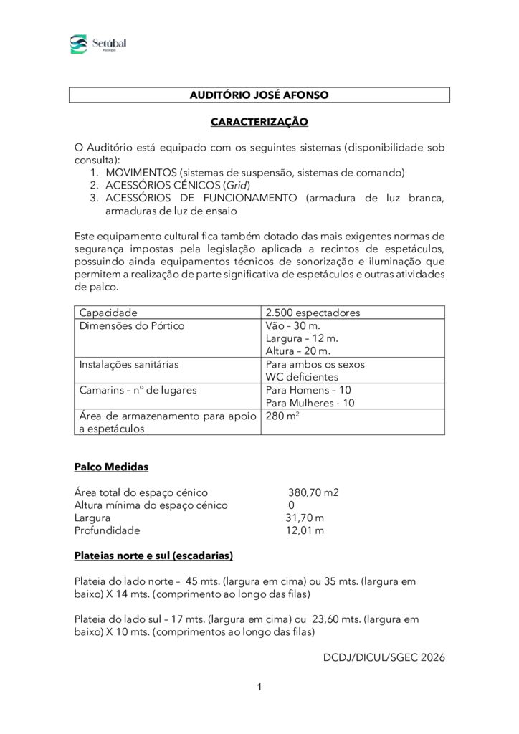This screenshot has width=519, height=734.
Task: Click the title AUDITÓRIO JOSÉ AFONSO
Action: coord(259,95)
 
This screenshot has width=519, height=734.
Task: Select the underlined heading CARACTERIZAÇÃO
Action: coord(259,122)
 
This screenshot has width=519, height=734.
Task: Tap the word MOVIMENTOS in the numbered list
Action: coord(141,173)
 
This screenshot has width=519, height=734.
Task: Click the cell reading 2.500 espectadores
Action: coord(313,313)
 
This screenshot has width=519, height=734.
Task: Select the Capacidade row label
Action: coord(108,313)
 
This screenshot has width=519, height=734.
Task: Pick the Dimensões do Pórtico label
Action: coord(131,325)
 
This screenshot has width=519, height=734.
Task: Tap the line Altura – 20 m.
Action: coord(297,351)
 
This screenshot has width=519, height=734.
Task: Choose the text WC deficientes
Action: coord(302,377)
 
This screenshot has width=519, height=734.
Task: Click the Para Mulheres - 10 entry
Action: coord(310,403)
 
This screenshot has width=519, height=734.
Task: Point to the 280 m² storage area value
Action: coord(281,416)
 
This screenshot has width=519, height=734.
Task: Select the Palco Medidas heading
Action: coord(111,467)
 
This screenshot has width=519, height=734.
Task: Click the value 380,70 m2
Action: coord(313,492)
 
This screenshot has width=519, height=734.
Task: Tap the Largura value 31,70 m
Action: coord(305,518)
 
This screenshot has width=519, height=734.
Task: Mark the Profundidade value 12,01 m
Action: coord(305,531)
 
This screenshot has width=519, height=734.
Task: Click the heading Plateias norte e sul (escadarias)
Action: coord(153,556)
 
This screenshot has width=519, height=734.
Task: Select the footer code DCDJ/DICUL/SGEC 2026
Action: coord(384,657)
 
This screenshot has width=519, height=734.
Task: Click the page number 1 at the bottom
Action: coord(259,687)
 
